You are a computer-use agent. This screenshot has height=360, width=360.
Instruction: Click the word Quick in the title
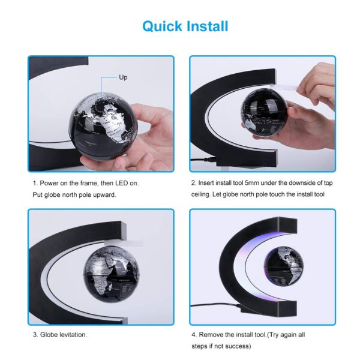pyautogui.click(x=160, y=26)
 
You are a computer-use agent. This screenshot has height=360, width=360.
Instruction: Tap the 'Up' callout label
pyautogui.click(x=123, y=78)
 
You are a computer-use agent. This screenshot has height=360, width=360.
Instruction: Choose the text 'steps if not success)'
pyautogui.click(x=222, y=346)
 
